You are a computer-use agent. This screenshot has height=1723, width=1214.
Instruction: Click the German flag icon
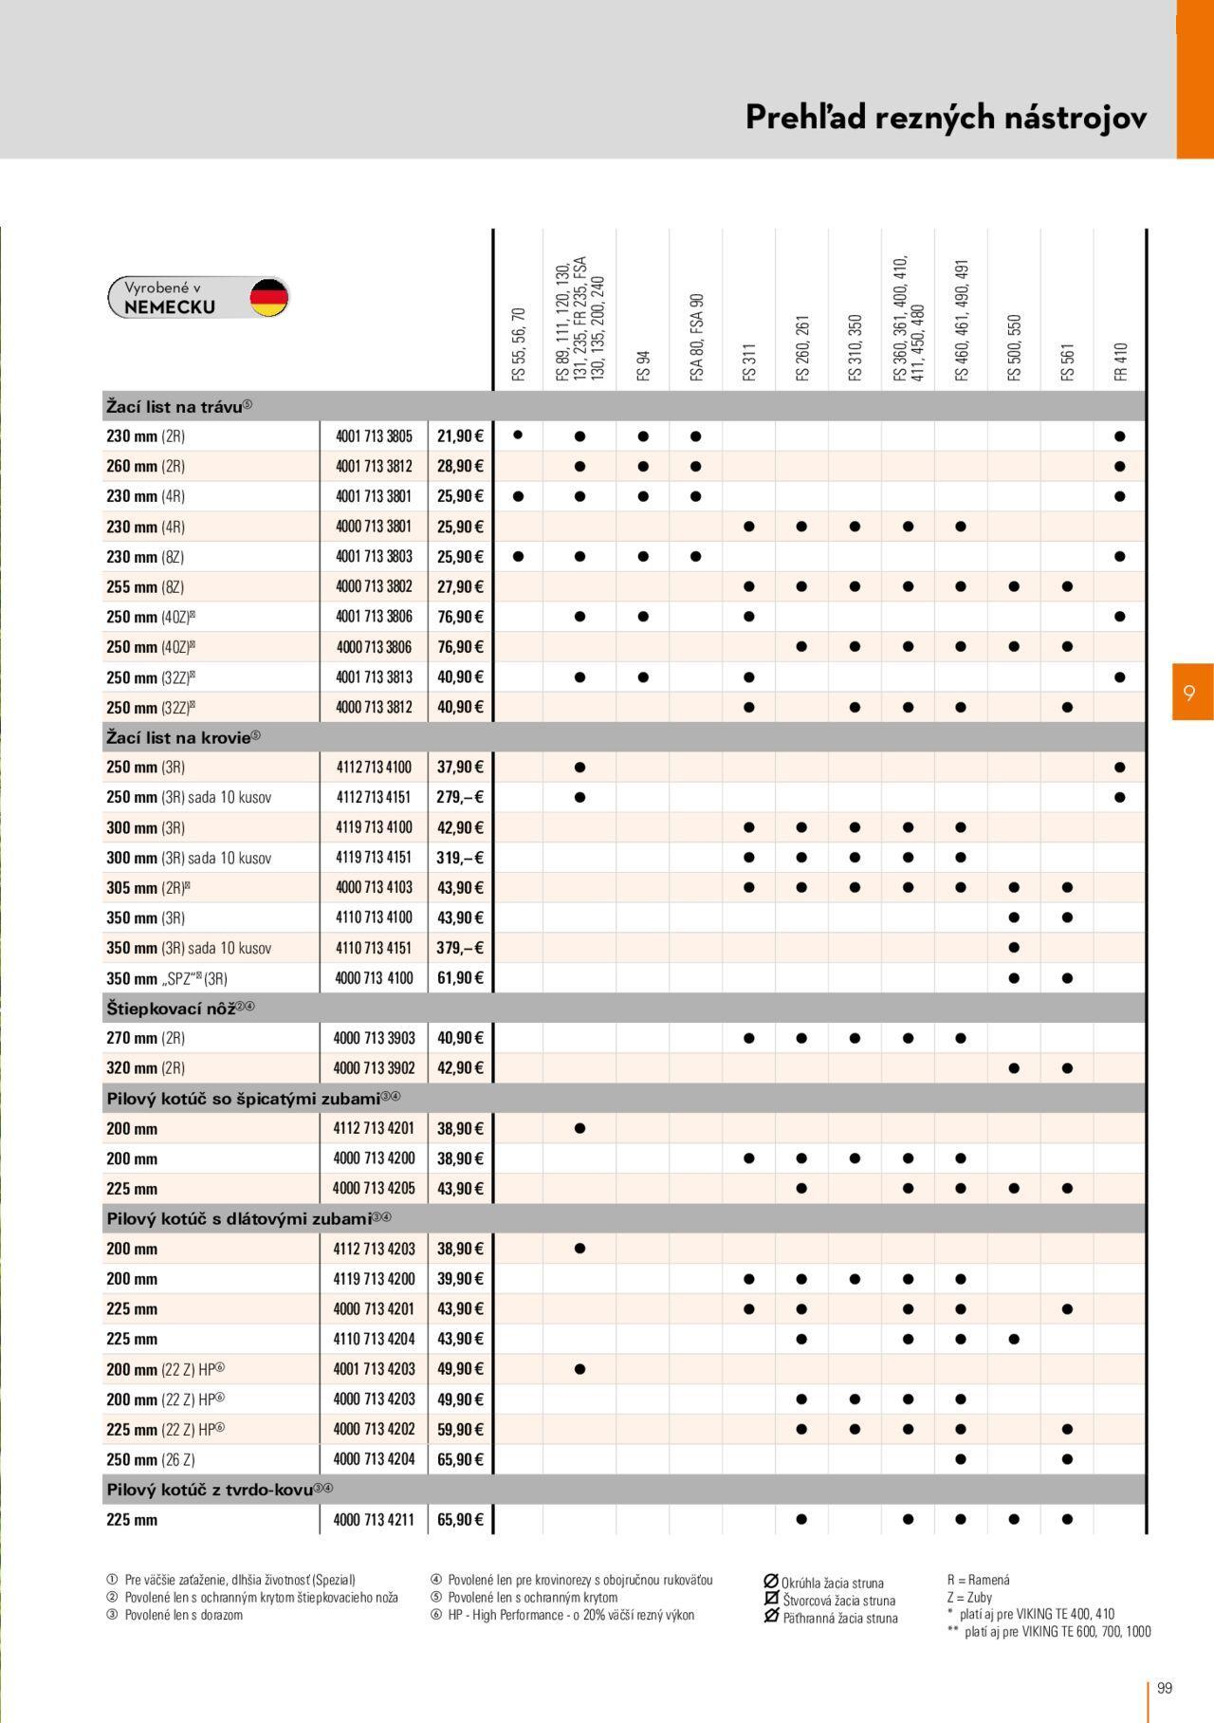pyautogui.click(x=268, y=298)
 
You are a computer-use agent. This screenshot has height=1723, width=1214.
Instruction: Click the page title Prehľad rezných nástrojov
pyautogui.click(x=946, y=118)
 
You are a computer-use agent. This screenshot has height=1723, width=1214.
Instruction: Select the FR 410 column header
pyautogui.click(x=1121, y=361)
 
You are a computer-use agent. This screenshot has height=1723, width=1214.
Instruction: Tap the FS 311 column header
pyautogui.click(x=749, y=362)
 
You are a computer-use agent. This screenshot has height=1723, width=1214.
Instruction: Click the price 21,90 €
pyautogui.click(x=460, y=436)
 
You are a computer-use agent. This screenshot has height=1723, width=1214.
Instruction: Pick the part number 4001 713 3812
pyautogui.click(x=374, y=467)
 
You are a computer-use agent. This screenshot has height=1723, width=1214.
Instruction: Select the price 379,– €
pyautogui.click(x=460, y=948)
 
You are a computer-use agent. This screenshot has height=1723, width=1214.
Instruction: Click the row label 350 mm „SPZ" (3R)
pyautogui.click(x=167, y=978)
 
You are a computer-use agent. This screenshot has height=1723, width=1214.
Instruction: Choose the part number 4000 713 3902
pyautogui.click(x=374, y=1068)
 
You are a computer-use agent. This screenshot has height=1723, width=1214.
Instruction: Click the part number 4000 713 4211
pyautogui.click(x=374, y=1520)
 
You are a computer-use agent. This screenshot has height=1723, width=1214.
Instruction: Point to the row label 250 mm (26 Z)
pyautogui.click(x=151, y=1460)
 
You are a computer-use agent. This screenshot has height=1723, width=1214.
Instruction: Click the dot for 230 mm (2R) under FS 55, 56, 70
pyautogui.click(x=518, y=435)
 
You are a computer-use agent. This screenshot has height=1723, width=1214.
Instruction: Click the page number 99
pyautogui.click(x=1165, y=1688)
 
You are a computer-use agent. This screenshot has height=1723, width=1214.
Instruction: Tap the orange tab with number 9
pyautogui.click(x=1191, y=693)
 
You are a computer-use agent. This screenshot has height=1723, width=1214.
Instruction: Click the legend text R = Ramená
pyautogui.click(x=978, y=1580)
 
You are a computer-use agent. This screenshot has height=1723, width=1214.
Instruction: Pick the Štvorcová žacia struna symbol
pyautogui.click(x=771, y=1599)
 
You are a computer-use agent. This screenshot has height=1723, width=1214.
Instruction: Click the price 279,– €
pyautogui.click(x=460, y=797)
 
